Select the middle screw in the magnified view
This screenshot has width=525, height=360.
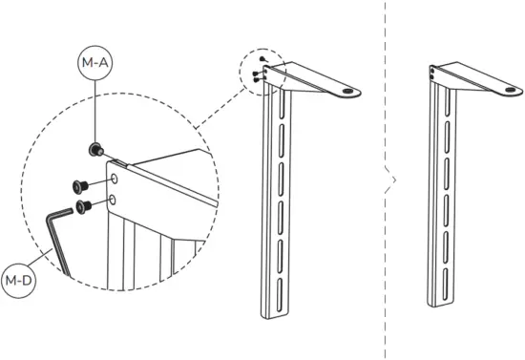coord(78,186)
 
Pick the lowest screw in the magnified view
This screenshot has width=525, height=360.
coord(85,204)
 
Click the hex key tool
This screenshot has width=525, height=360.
coord(55,240)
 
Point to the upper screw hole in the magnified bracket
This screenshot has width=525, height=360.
coord(114,179)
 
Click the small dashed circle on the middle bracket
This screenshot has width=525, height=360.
coord(264,73)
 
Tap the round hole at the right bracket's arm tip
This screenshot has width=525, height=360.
coord(514,93)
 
